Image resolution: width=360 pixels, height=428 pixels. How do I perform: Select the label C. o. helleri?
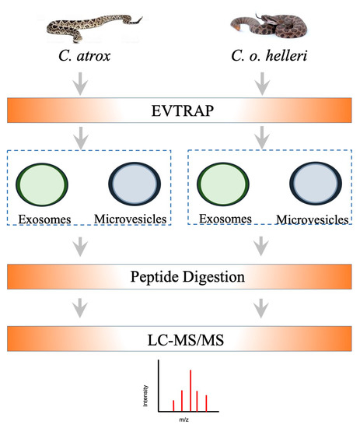264,58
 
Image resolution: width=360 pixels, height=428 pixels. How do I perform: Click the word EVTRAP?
180,111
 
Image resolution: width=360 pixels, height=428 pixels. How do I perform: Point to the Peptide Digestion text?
180,276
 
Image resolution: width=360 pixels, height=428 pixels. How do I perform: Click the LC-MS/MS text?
180,338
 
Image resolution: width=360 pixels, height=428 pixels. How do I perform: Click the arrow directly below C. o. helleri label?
264,81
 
